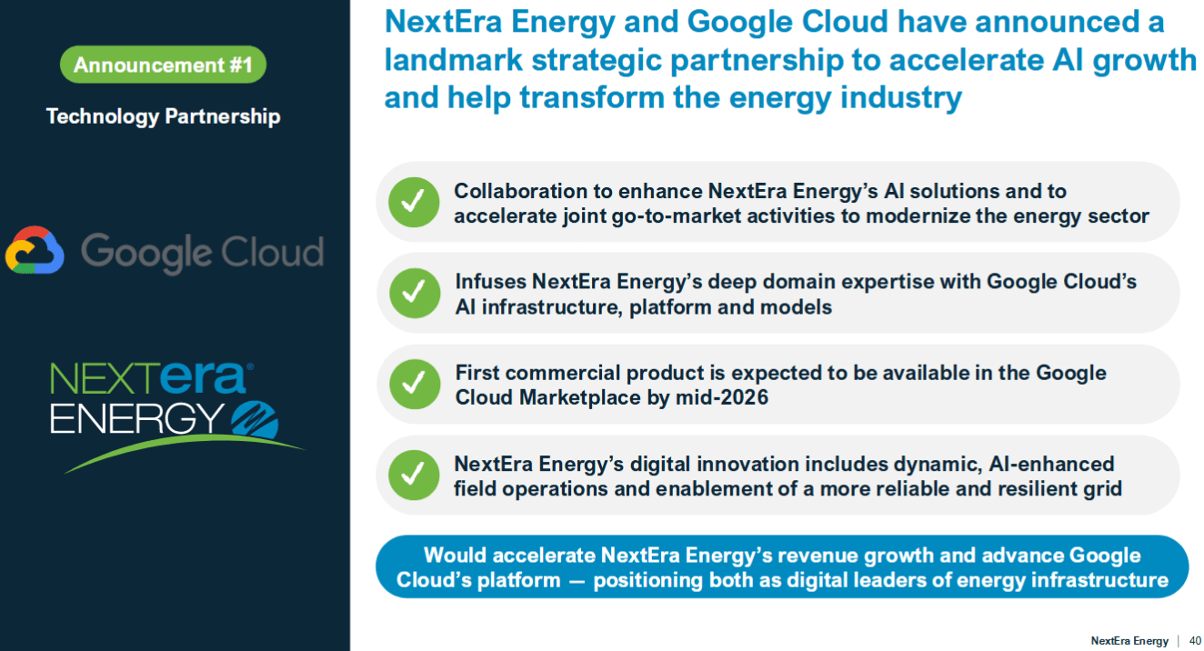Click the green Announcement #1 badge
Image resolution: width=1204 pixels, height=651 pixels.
click(x=163, y=65)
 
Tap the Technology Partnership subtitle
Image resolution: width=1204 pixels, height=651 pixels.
click(x=163, y=116)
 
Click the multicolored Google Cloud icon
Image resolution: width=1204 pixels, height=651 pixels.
click(x=35, y=251)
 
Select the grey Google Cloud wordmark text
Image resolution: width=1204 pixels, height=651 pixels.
click(x=202, y=252)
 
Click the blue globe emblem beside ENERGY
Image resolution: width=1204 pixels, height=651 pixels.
click(x=256, y=418)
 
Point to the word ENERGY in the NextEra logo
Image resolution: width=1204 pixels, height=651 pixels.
click(x=136, y=417)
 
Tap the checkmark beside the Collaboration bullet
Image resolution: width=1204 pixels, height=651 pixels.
click(x=414, y=202)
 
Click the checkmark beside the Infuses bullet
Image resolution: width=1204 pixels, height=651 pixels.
click(x=415, y=293)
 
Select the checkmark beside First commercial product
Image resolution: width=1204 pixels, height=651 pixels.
click(x=415, y=384)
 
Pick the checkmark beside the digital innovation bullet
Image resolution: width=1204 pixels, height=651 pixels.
click(x=414, y=475)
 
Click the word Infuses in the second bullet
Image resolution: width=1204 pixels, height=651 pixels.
click(x=489, y=282)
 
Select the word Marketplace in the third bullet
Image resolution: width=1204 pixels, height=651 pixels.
click(x=578, y=397)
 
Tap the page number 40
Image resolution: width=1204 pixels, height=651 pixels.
click(x=1195, y=641)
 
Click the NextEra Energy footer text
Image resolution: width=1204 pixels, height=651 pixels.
click(x=1129, y=641)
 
